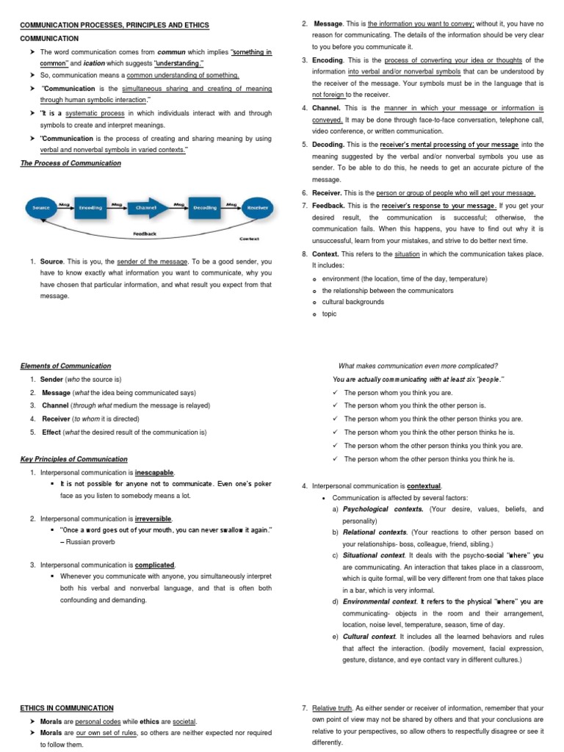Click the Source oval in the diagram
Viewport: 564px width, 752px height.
pos(42,208)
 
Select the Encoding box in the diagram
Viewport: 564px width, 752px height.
pos(90,208)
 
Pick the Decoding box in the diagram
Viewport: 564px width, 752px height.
pos(205,208)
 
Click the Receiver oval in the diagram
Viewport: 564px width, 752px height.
pos(257,208)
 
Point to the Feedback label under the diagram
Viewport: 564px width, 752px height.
pos(145,234)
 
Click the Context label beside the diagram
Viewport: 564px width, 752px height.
pos(250,239)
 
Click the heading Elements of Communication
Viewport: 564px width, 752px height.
pos(65,366)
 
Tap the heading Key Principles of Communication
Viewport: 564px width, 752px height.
pos(73,459)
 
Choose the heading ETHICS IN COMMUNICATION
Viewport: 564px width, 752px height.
pos(67,708)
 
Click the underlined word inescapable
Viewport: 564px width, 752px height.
pos(155,472)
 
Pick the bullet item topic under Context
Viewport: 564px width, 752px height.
pos(329,314)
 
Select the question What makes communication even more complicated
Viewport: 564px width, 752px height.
pos(418,366)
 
